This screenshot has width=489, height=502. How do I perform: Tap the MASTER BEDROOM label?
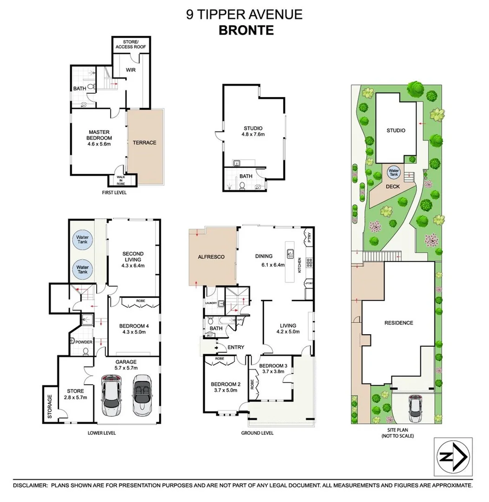coord(99,135)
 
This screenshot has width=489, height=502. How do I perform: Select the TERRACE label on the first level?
coord(145,143)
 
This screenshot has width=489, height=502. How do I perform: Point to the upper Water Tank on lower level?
coord(82,240)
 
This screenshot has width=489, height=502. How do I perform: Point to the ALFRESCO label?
coord(211,256)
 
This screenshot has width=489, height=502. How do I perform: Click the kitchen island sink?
coord(291,254)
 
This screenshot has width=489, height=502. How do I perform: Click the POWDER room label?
coord(83,342)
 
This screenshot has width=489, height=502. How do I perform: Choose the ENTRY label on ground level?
coord(236,347)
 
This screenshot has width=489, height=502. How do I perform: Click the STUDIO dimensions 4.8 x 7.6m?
coord(253,135)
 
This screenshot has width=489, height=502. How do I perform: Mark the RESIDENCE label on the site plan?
coord(399,323)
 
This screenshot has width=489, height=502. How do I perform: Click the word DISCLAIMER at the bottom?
coord(30,485)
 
